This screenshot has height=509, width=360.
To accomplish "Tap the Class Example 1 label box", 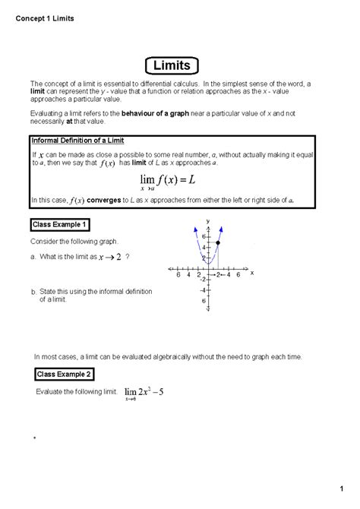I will [x=60, y=224].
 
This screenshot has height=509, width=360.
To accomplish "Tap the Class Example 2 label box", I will [x=66, y=375].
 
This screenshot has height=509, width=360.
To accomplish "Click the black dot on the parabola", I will [x=218, y=243].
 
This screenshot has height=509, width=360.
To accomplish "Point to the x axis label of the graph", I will [x=251, y=272].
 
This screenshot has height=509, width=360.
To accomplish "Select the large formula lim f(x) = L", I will [x=171, y=180].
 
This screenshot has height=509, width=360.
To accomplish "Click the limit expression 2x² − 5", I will [x=144, y=393].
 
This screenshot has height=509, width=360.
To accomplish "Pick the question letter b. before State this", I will [x=33, y=292].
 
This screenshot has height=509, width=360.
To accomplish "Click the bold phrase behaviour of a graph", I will [x=160, y=112].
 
